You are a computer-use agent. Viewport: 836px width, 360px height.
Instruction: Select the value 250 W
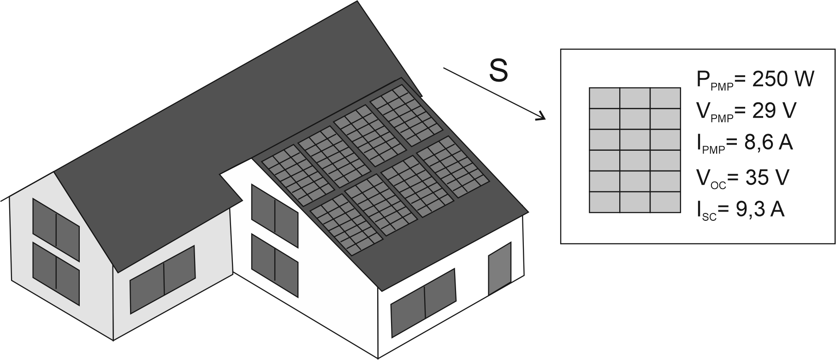(779, 79)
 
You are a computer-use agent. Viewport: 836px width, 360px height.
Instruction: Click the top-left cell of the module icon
(604, 98)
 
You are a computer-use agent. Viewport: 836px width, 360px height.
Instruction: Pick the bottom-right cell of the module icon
(665, 202)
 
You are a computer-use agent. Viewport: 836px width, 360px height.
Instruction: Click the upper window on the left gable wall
(56, 224)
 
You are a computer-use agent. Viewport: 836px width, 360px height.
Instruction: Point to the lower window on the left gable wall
(56, 267)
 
